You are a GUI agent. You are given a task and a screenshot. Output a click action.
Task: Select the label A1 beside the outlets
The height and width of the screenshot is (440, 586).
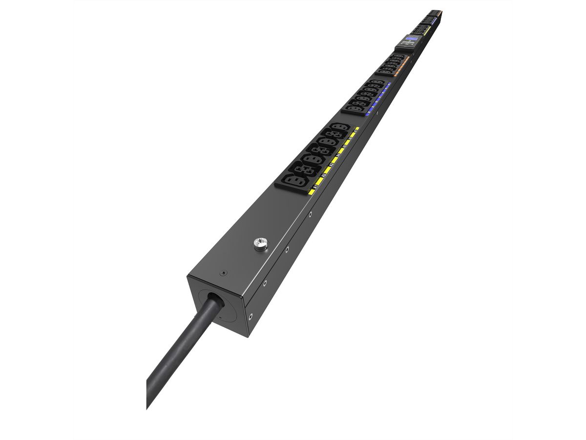click(x=316, y=186)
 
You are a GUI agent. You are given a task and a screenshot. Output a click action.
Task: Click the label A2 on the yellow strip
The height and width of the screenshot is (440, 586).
click(x=324, y=175)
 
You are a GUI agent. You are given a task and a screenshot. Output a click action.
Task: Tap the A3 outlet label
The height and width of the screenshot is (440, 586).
click(x=332, y=164)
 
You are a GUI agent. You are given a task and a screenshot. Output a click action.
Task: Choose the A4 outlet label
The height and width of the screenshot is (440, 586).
click(x=338, y=154)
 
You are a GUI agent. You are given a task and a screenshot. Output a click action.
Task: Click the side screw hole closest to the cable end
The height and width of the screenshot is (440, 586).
click(x=250, y=316)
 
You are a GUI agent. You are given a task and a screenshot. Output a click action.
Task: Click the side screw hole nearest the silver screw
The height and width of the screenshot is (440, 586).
click(x=287, y=249)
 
